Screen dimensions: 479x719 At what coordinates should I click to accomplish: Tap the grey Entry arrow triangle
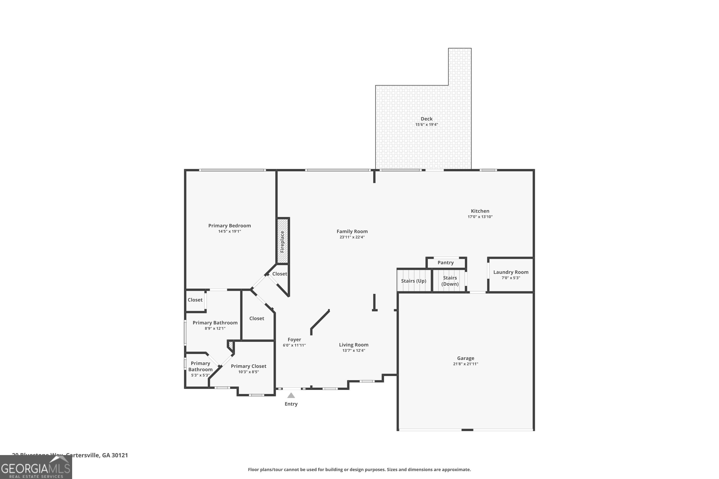[291, 396]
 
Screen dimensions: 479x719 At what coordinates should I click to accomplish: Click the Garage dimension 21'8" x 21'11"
[465, 364]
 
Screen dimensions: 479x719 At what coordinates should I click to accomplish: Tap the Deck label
[426, 119]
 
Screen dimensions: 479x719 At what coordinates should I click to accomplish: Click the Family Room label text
[352, 231]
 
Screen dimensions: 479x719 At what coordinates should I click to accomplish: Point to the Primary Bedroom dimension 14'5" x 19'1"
[229, 231]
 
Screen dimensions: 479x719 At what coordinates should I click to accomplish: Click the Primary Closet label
[248, 366]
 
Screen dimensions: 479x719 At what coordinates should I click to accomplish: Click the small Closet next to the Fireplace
[279, 274]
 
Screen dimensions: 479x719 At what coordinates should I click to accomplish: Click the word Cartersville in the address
[82, 455]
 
